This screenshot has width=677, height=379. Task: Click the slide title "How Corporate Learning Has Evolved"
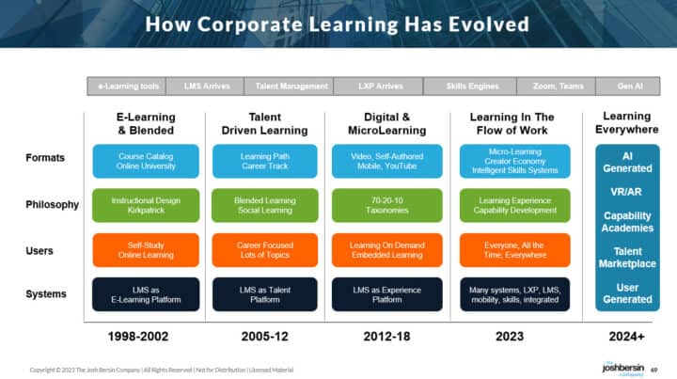[337, 24]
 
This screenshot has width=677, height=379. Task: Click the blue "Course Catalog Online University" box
[146, 161]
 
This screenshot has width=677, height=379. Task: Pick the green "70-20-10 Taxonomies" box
[383, 206]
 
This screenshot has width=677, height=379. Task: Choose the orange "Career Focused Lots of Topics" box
[264, 250]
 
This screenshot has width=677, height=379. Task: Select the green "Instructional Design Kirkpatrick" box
[146, 206]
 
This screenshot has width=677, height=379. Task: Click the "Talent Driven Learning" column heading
[264, 123]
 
